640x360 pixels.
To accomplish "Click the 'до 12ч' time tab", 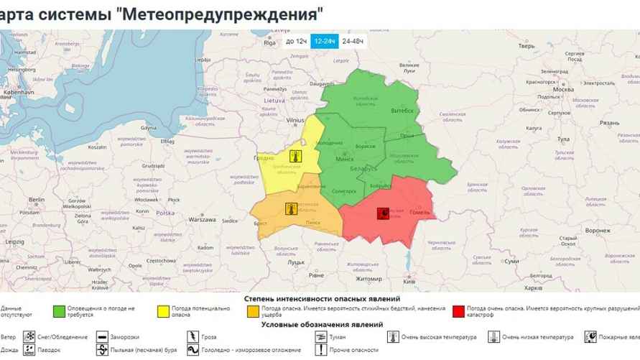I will pyautogui.click(x=297, y=42).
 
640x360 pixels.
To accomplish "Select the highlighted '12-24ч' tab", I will pyautogui.click(x=325, y=42).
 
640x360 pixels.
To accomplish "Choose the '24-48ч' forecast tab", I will pyautogui.click(x=353, y=42).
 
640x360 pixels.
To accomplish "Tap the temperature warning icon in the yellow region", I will pyautogui.click(x=293, y=155).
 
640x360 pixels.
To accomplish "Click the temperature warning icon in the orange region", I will pyautogui.click(x=290, y=209).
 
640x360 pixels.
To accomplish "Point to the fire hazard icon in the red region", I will pyautogui.click(x=384, y=213).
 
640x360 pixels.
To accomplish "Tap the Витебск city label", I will pyautogui.click(x=402, y=111).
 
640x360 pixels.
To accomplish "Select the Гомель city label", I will pyautogui.click(x=419, y=213).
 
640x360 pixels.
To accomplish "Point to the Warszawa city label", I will pyautogui.click(x=203, y=219).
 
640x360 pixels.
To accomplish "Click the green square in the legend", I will pyautogui.click(x=61, y=311).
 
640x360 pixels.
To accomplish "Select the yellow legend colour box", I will pyautogui.click(x=163, y=311).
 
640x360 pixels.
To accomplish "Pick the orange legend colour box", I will pyautogui.click(x=253, y=311).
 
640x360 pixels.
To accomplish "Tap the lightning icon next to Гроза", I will pyautogui.click(x=193, y=336).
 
